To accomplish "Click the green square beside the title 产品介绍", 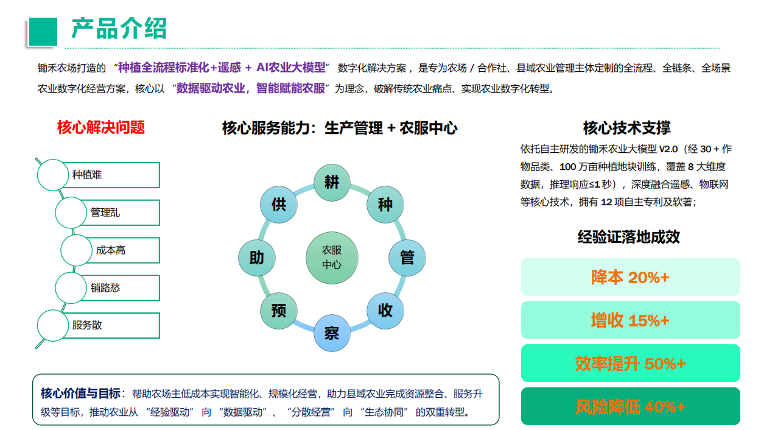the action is pos(43,32).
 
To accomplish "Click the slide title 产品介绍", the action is pos(119,29).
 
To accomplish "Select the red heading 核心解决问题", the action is pos(100,127).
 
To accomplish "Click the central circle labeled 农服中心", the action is pos(332,258).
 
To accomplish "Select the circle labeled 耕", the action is pos(332,183).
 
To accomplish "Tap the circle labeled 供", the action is pos(278,205).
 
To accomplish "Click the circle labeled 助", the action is pos(257,258).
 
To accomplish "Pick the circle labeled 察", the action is pos(332,333).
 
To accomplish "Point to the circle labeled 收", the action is pos(385,311).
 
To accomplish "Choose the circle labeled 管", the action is pos(407,258).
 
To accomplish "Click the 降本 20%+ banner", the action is pos(630,277).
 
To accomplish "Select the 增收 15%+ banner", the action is pos(630,320).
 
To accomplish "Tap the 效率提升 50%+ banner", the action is pos(630,363).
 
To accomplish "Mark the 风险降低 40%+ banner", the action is pos(630,406).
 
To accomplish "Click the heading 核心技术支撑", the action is pos(626,128).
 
